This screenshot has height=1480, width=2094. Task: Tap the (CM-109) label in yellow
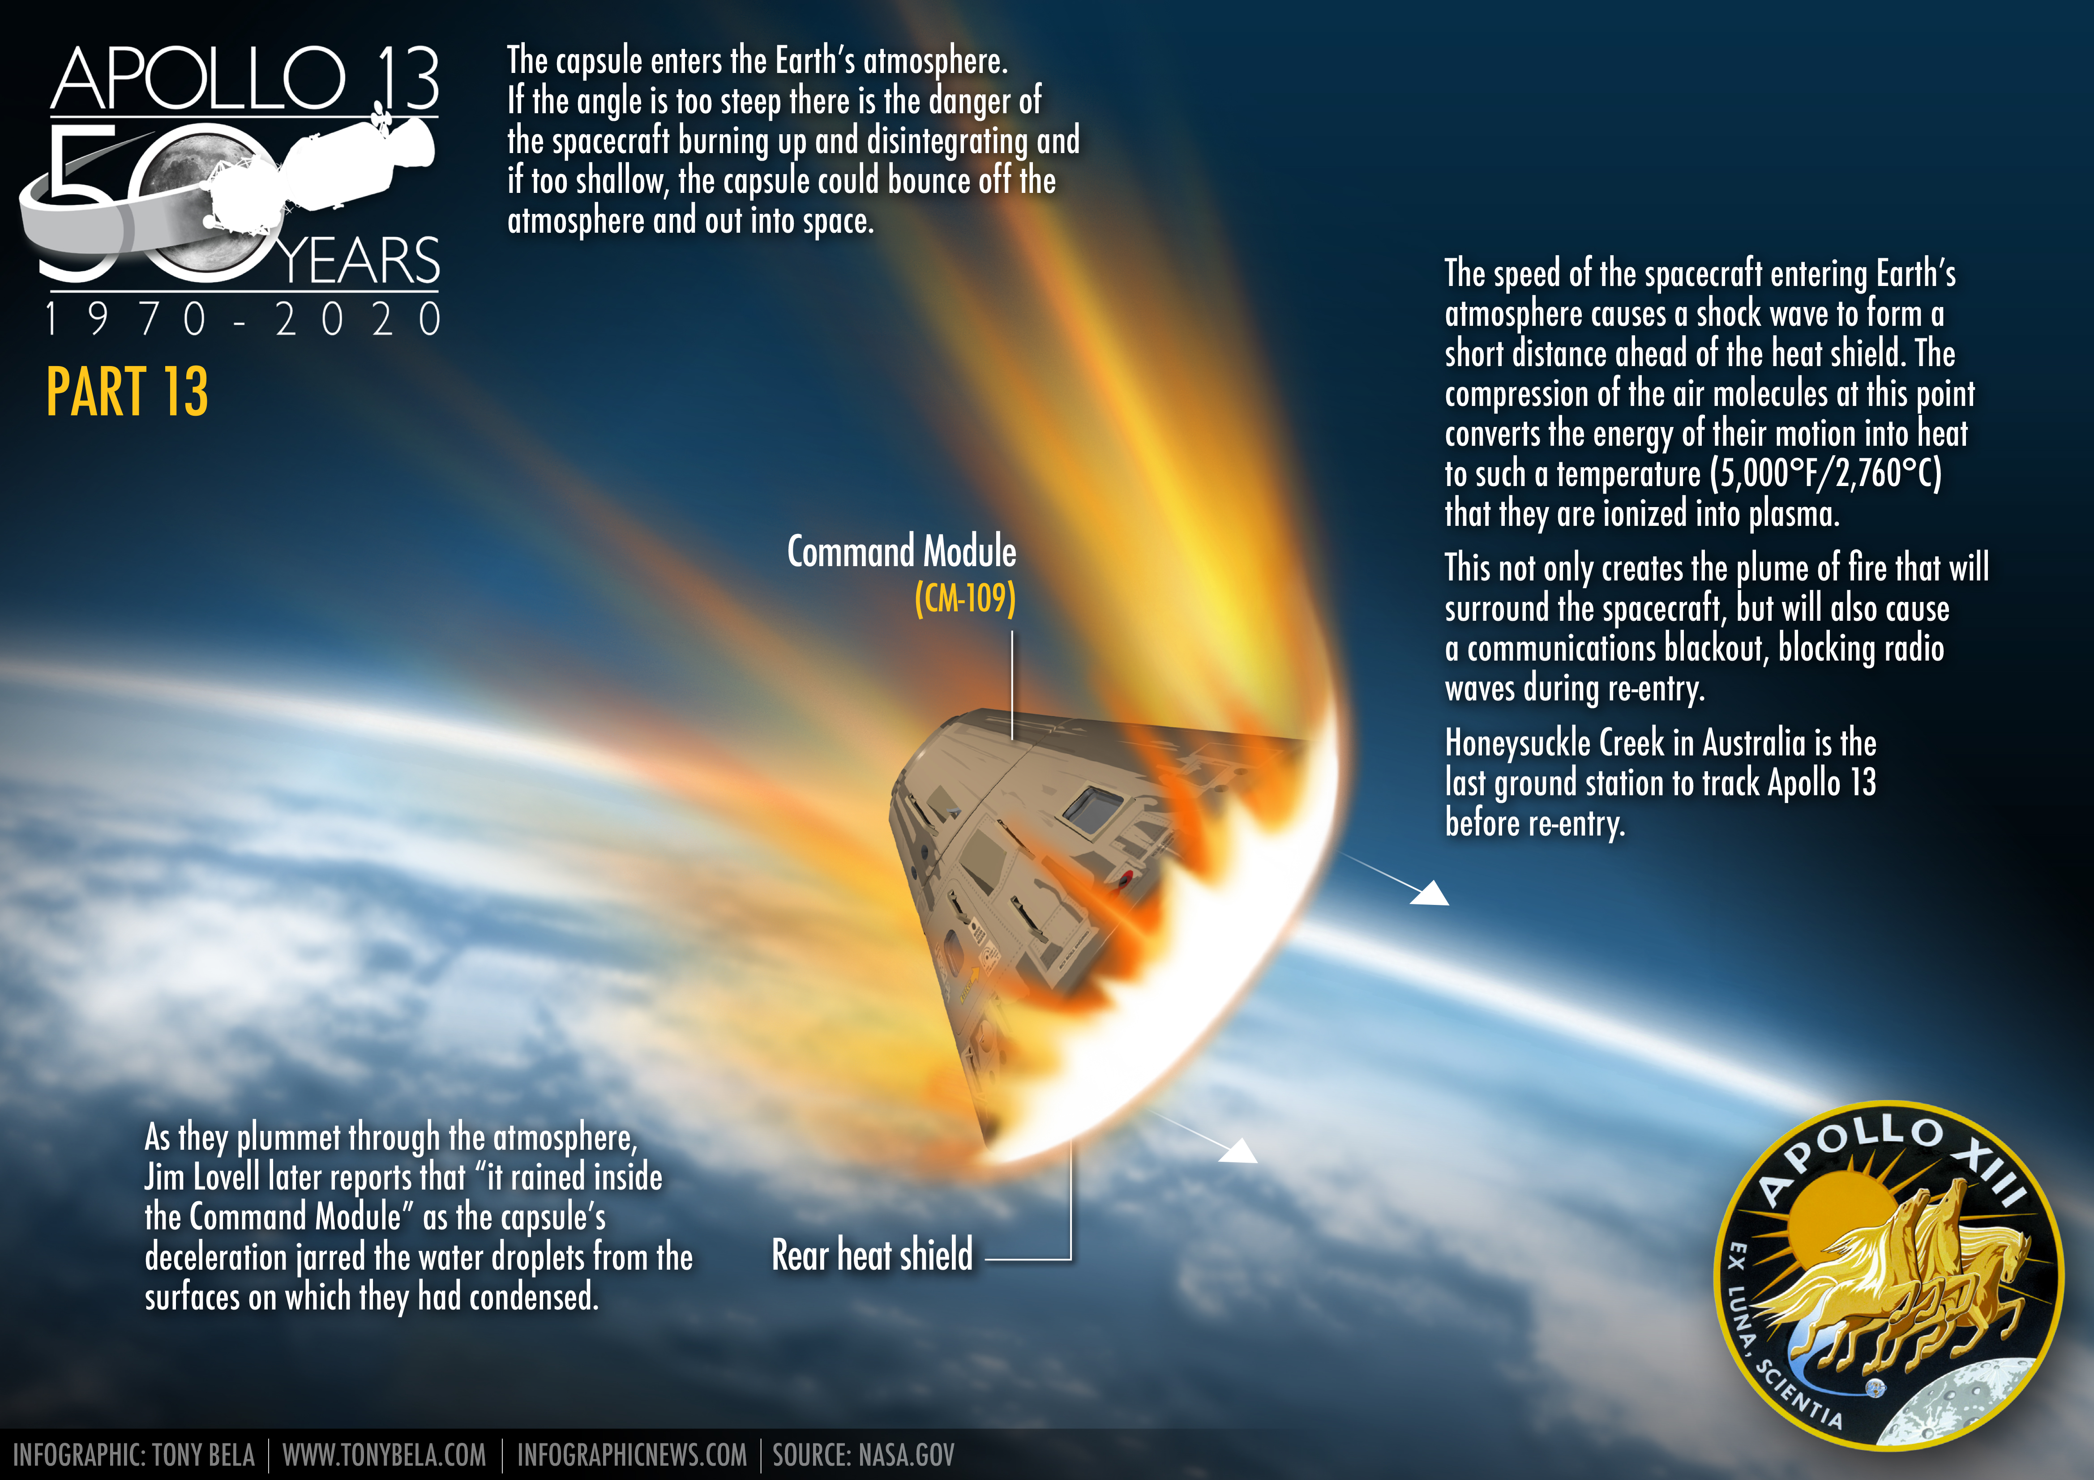click(965, 599)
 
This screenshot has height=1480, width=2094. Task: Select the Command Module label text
click(901, 552)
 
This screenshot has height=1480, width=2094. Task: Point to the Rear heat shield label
click(872, 1256)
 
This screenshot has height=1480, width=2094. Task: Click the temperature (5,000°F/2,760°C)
click(1826, 473)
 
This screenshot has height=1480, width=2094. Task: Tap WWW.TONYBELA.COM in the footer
click(384, 1454)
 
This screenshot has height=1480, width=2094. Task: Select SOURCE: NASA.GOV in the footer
click(863, 1454)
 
